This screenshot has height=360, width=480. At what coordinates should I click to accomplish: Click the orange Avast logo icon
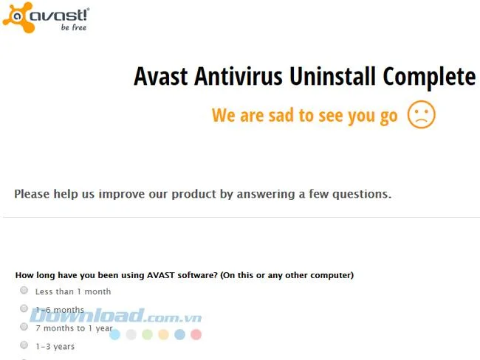18,17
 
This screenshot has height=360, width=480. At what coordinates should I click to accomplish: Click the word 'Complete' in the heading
429,77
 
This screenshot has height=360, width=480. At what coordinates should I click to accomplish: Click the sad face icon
422,115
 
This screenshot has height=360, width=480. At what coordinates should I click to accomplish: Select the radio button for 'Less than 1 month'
24,291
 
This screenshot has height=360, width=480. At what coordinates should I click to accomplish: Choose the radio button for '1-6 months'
24,309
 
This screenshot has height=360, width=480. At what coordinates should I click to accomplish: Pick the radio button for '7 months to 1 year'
24,327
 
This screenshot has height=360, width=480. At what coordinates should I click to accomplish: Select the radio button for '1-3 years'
24,345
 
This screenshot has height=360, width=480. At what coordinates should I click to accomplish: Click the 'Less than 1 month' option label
73,291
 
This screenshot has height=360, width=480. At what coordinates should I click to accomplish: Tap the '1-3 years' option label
55,346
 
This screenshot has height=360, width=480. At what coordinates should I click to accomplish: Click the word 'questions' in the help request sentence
358,195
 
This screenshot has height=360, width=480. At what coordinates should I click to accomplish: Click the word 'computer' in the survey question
330,275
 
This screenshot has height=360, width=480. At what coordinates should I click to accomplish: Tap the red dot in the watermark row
196,334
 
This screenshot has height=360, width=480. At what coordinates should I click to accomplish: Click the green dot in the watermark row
147,334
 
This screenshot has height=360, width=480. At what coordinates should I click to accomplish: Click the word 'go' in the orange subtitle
388,116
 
